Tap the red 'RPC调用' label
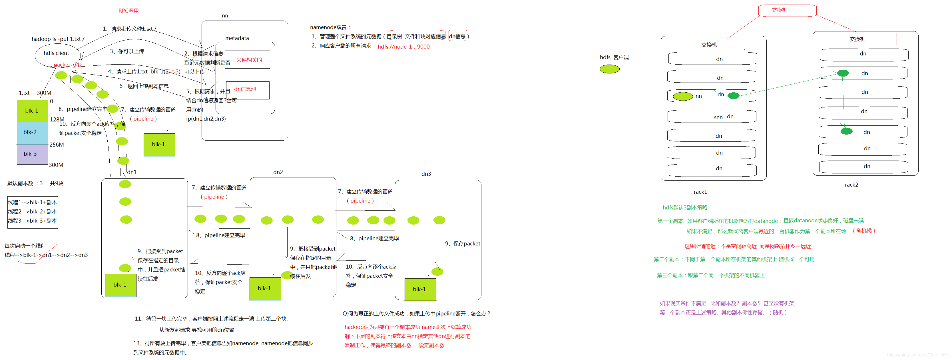click(x=128, y=11)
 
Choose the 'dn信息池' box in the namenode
click(x=247, y=90)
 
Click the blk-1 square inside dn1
click(x=120, y=285)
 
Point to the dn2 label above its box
click(x=278, y=172)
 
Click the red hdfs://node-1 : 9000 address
click(x=403, y=47)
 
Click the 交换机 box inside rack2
click(x=866, y=39)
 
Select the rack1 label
click(x=700, y=192)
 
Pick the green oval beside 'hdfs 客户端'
click(x=609, y=69)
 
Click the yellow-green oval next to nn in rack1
click(x=682, y=97)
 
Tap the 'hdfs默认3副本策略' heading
click(x=685, y=208)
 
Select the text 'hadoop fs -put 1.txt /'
click(x=58, y=39)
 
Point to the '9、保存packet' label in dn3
click(x=462, y=244)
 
